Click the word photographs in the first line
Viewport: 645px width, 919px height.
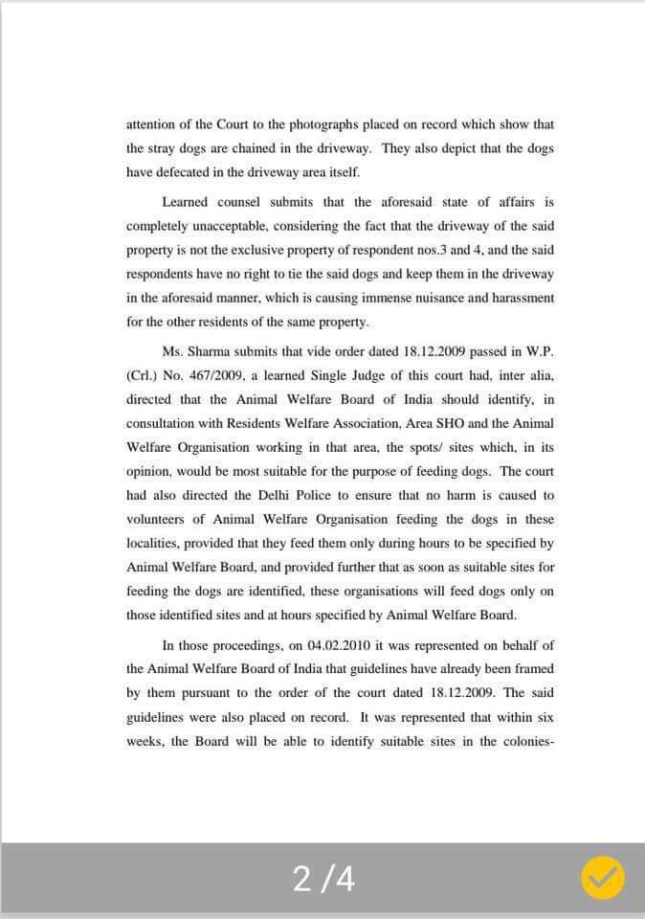click(x=316, y=124)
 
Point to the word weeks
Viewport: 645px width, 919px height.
click(x=145, y=742)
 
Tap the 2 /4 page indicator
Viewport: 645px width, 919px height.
click(x=323, y=880)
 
